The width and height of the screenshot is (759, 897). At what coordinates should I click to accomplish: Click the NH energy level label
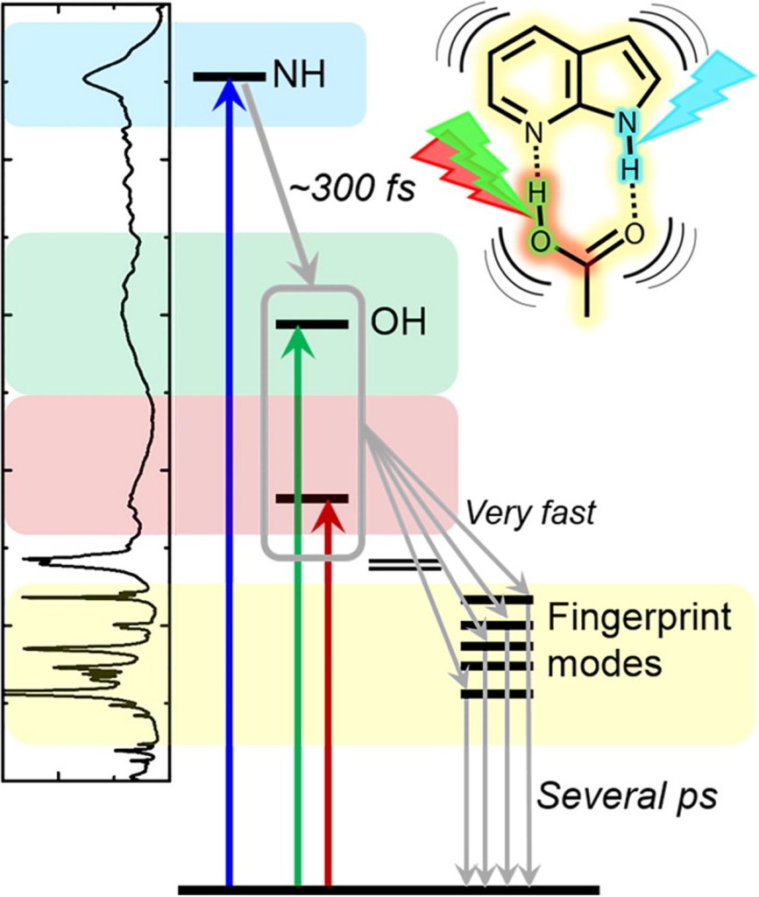(x=299, y=76)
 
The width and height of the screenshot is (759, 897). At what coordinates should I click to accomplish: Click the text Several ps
(x=627, y=797)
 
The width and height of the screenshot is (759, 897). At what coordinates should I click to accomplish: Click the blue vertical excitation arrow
(x=229, y=482)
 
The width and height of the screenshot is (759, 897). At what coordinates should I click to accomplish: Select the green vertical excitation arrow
(x=299, y=613)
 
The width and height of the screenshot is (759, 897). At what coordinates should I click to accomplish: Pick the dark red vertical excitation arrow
(x=328, y=701)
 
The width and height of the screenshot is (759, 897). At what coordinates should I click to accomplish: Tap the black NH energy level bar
(x=229, y=77)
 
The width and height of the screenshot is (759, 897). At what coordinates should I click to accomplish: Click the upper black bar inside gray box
(x=312, y=324)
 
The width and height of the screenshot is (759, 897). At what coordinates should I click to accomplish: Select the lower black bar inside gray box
(x=312, y=498)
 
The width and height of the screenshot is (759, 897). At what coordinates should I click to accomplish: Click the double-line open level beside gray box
(x=403, y=564)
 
